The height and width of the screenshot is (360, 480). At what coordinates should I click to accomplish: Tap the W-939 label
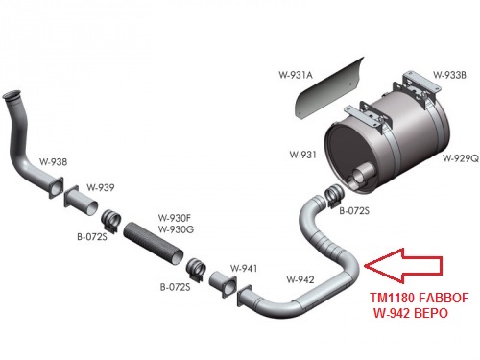tap(101, 186)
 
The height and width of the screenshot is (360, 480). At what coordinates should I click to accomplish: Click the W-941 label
tap(243, 269)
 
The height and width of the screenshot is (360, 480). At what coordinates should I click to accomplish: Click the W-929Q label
tap(458, 156)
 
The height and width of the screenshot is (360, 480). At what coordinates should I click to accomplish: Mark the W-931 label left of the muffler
tap(302, 154)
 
